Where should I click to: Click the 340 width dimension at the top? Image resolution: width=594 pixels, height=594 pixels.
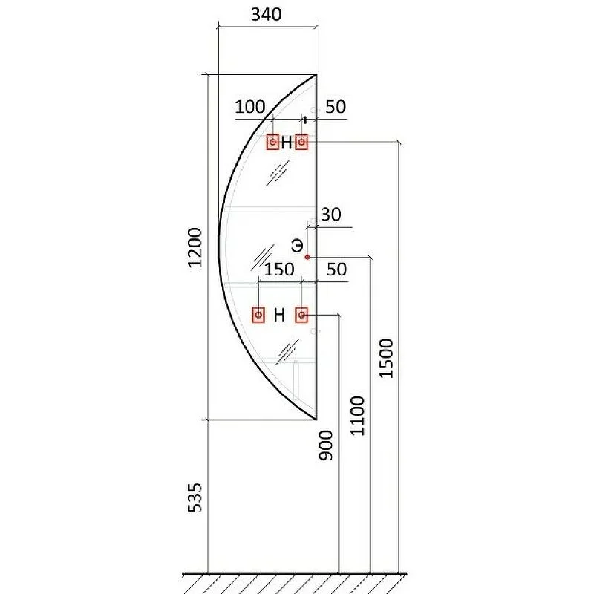tap(267, 15)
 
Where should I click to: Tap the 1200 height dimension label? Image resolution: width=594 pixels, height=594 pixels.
tap(195, 248)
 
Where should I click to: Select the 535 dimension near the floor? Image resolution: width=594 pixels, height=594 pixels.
tap(195, 497)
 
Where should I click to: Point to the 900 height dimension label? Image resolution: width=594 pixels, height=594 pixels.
tap(325, 445)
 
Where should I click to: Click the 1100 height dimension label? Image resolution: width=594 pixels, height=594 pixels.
tap(357, 416)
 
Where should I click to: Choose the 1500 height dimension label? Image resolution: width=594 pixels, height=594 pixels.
tap(386, 358)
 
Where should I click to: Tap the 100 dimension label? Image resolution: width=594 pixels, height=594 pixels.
tap(250, 107)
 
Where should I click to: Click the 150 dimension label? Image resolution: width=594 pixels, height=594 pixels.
tap(279, 270)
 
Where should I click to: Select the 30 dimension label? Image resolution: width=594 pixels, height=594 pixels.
tap(330, 215)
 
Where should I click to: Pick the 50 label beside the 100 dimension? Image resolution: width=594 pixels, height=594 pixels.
tap(336, 107)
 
